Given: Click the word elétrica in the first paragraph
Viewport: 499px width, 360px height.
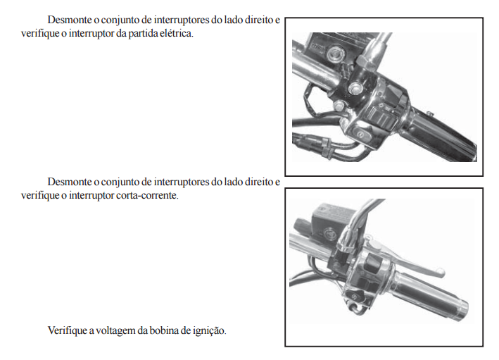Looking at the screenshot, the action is click(176, 33).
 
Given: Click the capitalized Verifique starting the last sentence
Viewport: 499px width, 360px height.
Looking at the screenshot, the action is click(67, 330).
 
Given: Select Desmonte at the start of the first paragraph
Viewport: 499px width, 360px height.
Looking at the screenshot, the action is click(70, 20).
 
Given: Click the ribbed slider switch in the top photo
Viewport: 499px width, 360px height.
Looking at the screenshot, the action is click(381, 117).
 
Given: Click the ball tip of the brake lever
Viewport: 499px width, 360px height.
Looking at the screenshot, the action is click(441, 272).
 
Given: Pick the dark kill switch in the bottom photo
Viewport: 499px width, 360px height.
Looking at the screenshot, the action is click(372, 261).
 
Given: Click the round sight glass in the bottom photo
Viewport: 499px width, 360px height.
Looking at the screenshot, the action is click(329, 233).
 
